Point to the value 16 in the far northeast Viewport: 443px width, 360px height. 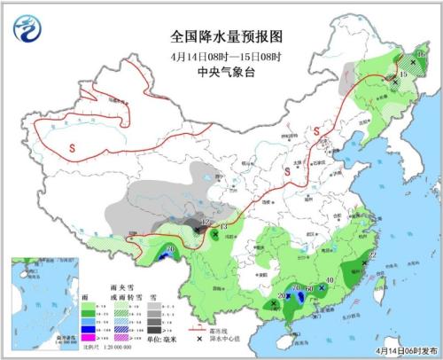pos(422,56)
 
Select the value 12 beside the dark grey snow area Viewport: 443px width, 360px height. pos(206,222)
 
